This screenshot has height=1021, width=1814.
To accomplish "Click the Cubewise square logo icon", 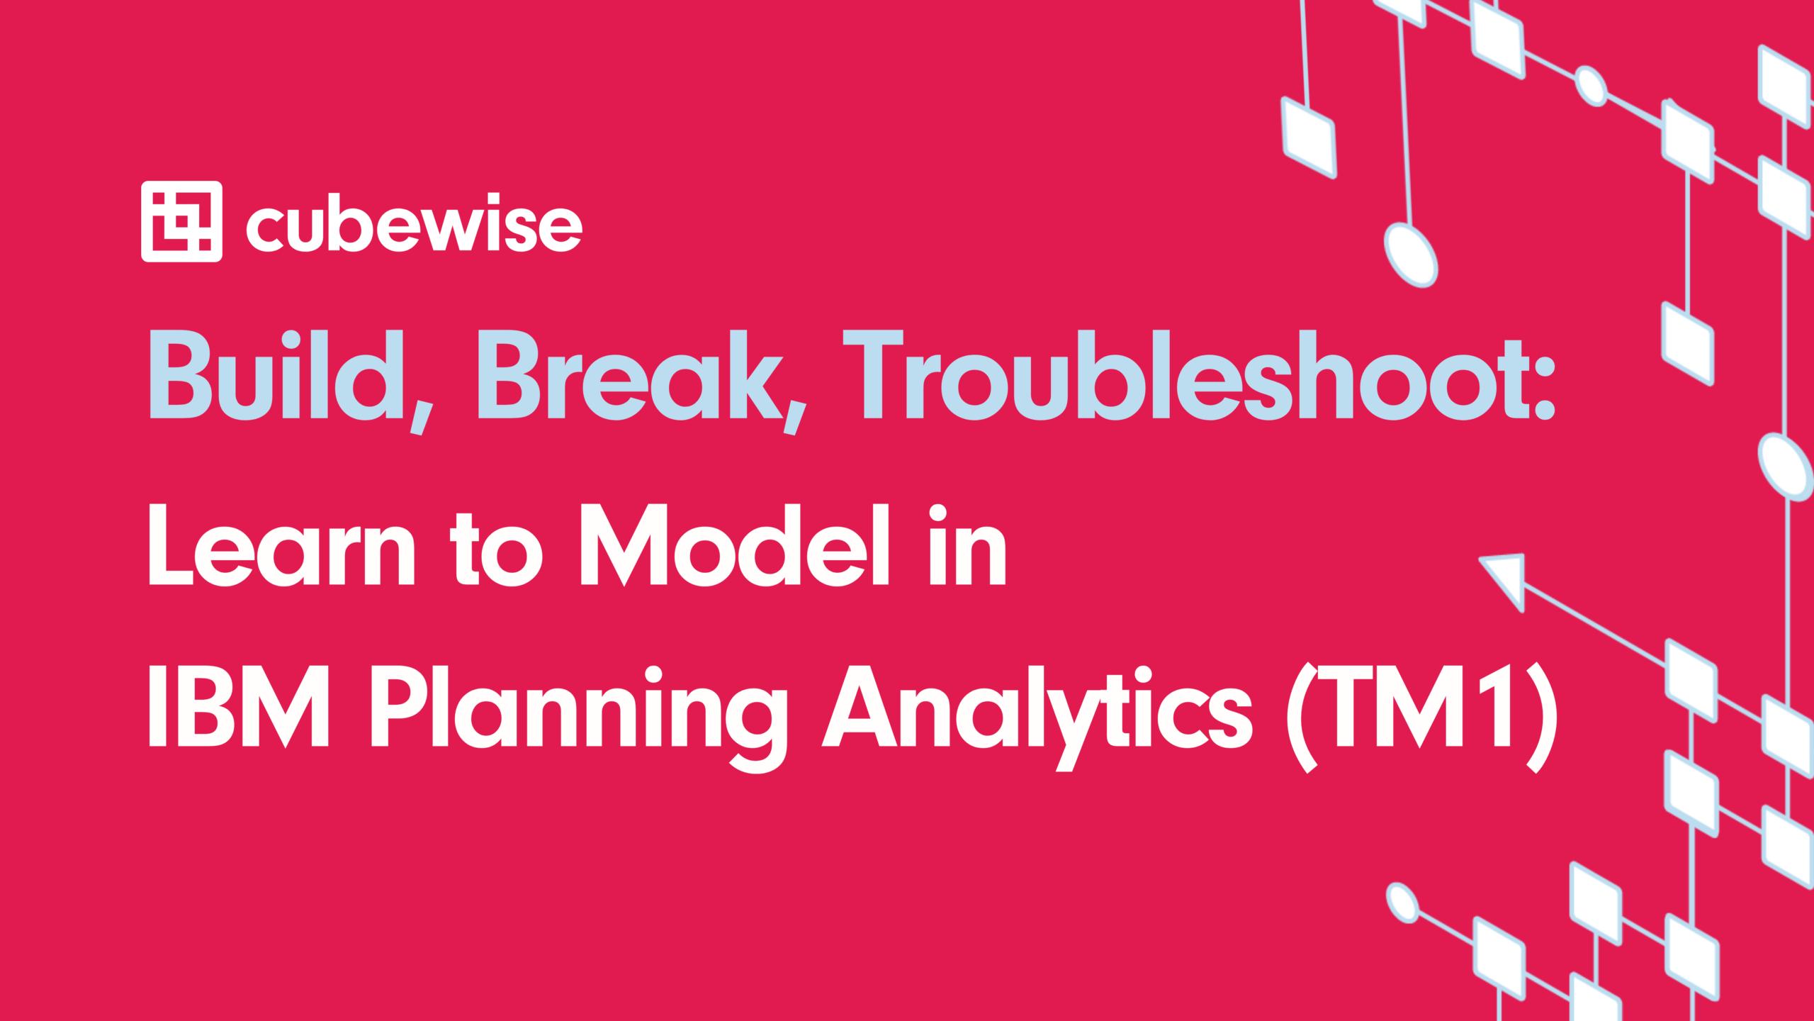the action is coord(181,221).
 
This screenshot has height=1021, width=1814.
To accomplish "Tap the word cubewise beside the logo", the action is coord(415,223).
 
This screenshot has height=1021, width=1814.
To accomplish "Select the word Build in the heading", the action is coord(276,374).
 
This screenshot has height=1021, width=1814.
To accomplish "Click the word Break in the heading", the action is coord(631,374).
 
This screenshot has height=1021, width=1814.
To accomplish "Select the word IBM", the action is coord(239,705).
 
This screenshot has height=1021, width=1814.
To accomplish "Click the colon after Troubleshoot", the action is coord(1545,386).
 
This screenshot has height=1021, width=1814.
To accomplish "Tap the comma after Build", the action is coord(422,417).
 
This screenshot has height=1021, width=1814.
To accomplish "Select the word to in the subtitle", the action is coord(497,549).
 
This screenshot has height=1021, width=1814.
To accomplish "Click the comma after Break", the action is coord(795,417).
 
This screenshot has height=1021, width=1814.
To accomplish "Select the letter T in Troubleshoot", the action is coord(873,374).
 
